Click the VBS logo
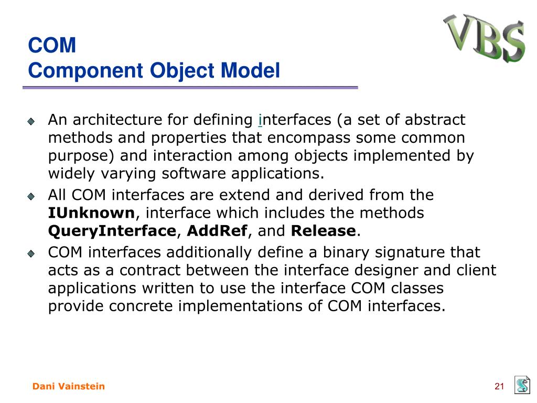point(484,38)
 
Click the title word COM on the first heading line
point(52,45)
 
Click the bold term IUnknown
point(91,213)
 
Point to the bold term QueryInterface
point(112,231)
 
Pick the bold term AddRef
point(217,231)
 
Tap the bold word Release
point(323,231)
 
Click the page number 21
point(499,386)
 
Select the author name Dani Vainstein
point(69,386)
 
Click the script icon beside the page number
point(522,385)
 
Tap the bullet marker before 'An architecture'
point(31,121)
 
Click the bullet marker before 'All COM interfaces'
point(31,196)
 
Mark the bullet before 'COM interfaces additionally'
point(31,253)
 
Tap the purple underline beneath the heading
point(190,88)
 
